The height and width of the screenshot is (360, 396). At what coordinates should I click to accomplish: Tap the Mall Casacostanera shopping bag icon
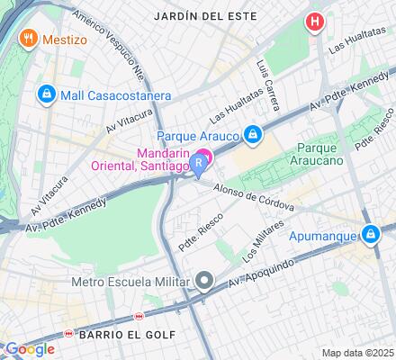[x=45, y=94]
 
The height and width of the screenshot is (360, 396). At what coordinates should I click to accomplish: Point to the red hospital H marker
[x=314, y=22]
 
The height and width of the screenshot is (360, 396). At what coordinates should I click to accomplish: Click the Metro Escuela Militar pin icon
[x=206, y=283]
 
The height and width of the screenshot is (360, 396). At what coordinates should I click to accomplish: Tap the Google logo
[x=29, y=349]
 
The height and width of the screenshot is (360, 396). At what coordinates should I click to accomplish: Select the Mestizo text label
[x=69, y=39]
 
